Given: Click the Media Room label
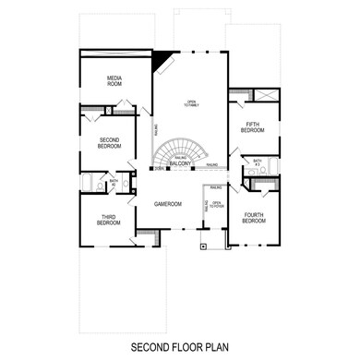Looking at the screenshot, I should [115, 81].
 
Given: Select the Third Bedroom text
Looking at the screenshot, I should [109, 220].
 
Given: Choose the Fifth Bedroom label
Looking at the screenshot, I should [253, 127].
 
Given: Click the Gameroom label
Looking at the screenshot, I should [168, 202].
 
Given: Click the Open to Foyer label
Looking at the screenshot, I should [216, 204].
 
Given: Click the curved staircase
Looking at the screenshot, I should [182, 150].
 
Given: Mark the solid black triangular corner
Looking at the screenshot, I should [162, 59].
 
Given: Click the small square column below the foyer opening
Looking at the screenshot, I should [202, 247].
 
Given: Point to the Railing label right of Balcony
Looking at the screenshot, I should [212, 165].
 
